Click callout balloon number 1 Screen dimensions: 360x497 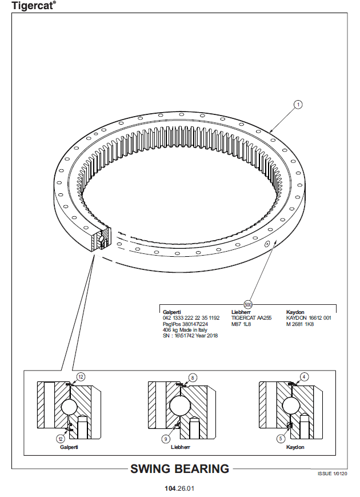298,105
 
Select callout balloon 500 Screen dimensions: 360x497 248,305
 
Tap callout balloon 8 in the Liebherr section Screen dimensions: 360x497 192,378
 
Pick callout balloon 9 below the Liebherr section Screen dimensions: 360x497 166,439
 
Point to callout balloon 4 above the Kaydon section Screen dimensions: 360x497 304,377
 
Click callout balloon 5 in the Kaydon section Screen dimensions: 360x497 281,439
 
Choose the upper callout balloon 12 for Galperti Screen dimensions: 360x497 81,377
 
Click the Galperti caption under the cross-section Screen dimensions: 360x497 69,447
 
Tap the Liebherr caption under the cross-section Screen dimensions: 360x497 181,447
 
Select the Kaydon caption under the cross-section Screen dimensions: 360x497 295,447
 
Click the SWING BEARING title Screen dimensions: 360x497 180,469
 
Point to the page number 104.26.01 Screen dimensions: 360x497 179,488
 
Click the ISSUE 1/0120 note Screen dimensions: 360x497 333,474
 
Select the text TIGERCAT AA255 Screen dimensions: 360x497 251,318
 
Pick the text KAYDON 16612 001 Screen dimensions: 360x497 309,318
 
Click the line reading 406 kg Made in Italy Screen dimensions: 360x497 185,330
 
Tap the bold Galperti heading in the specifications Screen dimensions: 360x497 172,312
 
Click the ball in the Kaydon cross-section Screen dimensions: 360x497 291,405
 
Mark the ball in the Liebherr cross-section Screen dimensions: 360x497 180,405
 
